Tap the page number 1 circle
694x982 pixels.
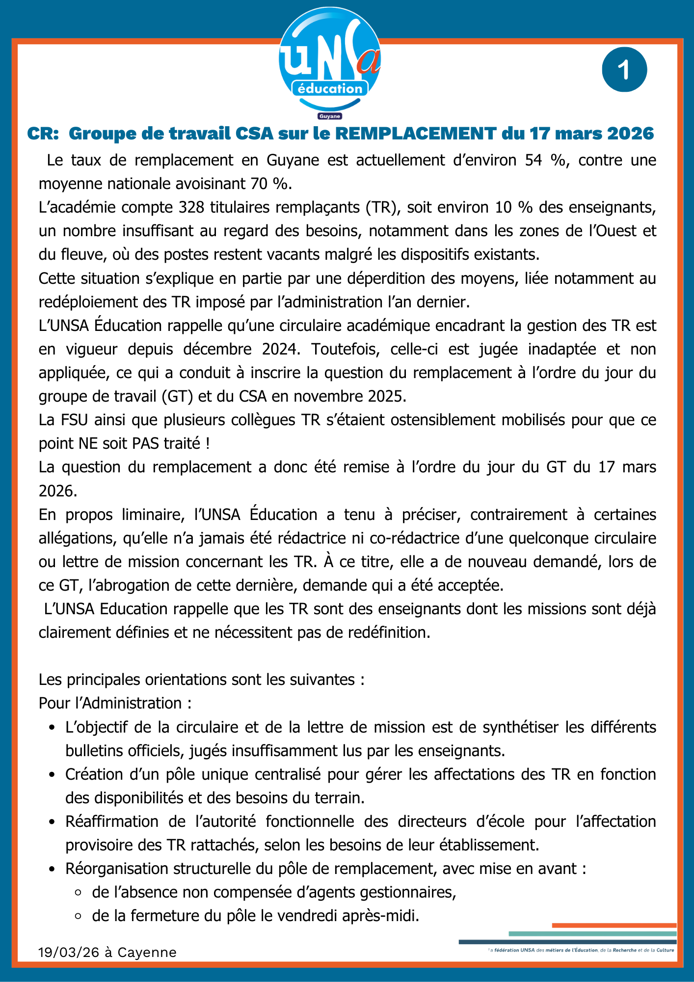pyautogui.click(x=624, y=70)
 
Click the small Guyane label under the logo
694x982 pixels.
pyautogui.click(x=330, y=116)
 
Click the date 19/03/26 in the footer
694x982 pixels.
pyautogui.click(x=69, y=953)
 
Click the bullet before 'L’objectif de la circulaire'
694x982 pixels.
pyautogui.click(x=52, y=728)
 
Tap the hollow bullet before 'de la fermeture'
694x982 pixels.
pyautogui.click(x=78, y=916)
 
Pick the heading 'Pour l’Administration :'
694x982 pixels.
pyautogui.click(x=115, y=704)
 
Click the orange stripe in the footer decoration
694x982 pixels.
pyautogui.click(x=614, y=926)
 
